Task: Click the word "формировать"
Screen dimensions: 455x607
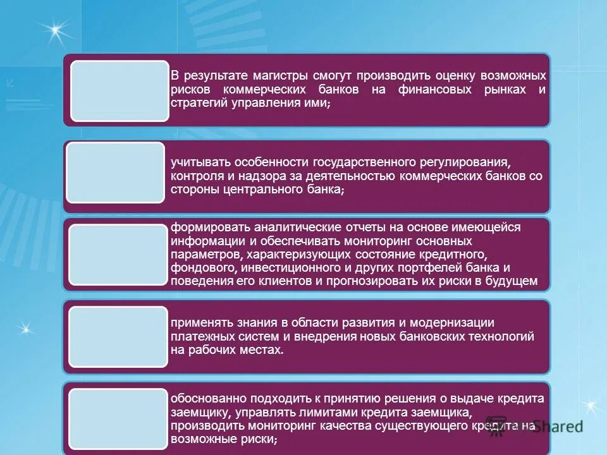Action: coord(205,227)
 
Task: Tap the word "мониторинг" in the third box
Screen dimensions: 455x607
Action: coord(376,241)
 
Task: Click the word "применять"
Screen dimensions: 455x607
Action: coord(201,323)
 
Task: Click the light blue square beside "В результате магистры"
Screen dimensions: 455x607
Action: coord(120,91)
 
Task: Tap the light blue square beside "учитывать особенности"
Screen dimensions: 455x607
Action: coord(116,173)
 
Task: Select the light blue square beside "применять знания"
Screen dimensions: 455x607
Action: coord(118,337)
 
